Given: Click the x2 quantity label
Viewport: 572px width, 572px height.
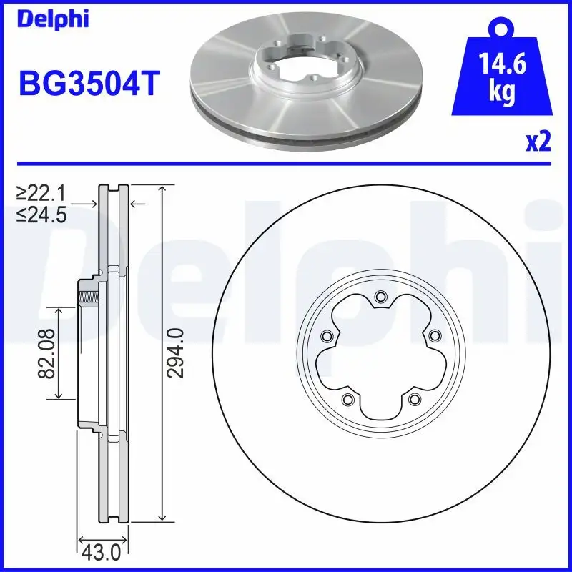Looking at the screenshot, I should coord(538,142).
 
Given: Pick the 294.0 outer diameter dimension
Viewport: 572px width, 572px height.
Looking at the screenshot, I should coord(178,352).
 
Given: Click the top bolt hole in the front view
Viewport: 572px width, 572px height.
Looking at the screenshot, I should coord(380,297).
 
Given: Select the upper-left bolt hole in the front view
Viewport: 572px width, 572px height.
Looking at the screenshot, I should coord(327,336).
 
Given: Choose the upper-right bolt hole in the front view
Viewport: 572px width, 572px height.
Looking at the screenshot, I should coord(434,336).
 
